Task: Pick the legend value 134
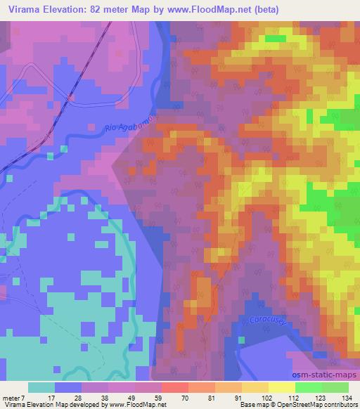pyautogui.click(x=346, y=398)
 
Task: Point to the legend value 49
pyautogui.click(x=131, y=398)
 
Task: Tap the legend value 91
pyautogui.click(x=238, y=398)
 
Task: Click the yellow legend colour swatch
pyautogui.click(x=281, y=387)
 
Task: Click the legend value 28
pyautogui.click(x=77, y=398)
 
